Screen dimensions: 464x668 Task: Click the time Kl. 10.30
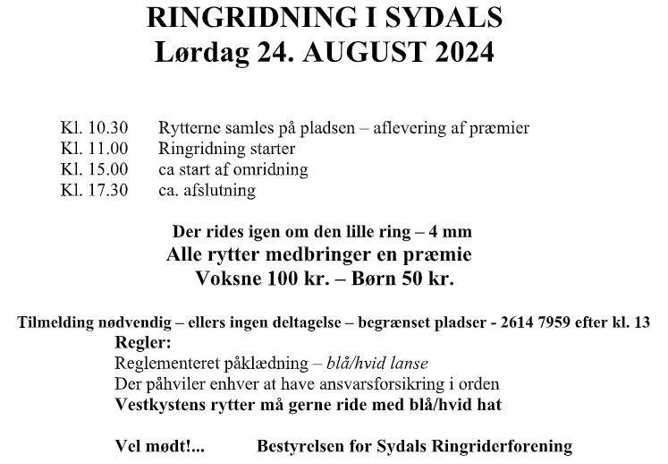pos(94,128)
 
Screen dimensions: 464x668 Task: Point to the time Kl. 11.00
pos(94,149)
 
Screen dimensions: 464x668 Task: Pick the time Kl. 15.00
pos(94,169)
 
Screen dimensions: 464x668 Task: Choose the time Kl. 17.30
pos(94,190)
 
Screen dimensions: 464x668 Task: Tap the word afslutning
pos(222,190)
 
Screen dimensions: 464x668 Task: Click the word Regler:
pos(143,342)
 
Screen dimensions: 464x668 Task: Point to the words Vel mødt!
pos(157,445)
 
